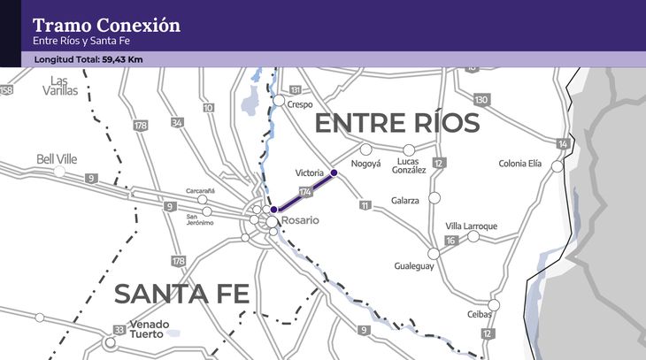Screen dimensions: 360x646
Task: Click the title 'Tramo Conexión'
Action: (106, 25)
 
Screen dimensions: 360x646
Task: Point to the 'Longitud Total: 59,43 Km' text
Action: (88, 59)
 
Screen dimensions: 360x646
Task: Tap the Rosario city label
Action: (301, 218)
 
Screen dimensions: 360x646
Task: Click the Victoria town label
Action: (309, 172)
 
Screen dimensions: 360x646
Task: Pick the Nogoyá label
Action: (366, 164)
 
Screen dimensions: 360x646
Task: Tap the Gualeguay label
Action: (414, 265)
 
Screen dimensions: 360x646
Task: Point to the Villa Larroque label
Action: (472, 226)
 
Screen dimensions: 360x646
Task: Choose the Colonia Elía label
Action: (520, 163)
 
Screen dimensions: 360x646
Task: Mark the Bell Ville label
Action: (57, 159)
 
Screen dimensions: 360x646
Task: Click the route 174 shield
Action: (306, 192)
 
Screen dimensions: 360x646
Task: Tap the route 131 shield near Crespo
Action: (296, 90)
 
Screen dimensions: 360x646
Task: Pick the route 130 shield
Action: (481, 99)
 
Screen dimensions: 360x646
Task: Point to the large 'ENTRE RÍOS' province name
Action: (397, 124)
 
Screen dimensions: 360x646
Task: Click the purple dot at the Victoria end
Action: (334, 172)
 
